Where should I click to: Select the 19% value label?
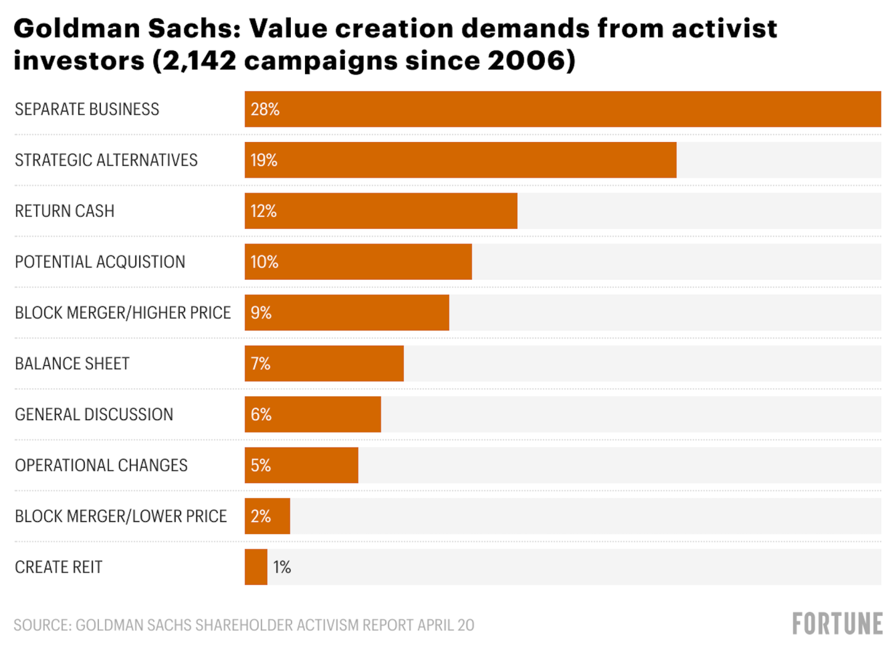point(264,160)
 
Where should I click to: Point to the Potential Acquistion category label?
point(100,262)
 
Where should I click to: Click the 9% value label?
point(262,313)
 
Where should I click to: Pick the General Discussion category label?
point(94,415)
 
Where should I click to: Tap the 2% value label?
point(261,516)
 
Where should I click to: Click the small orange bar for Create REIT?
point(256,567)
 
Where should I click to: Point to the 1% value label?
point(282,567)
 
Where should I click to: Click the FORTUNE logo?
point(837,624)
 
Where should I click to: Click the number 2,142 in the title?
point(199,61)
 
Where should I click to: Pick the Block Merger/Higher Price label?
point(123,313)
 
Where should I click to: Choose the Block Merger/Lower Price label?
point(121,516)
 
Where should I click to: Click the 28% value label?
point(265,109)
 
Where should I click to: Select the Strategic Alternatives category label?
point(106,160)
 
